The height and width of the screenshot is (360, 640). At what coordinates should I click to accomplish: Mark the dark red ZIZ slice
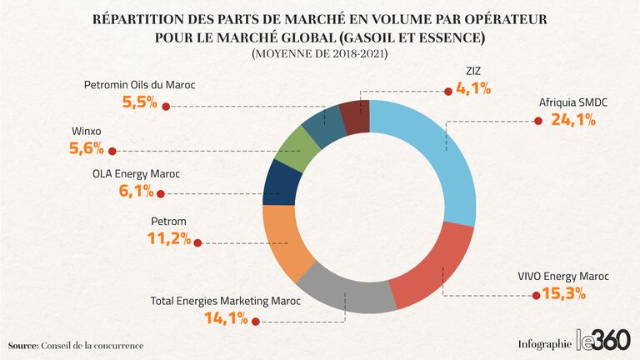[x=354, y=117]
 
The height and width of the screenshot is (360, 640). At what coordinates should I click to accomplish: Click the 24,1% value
[x=573, y=120]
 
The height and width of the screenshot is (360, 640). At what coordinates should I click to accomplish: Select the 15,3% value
[x=563, y=293]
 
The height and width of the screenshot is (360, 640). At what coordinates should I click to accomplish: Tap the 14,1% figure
[x=225, y=317]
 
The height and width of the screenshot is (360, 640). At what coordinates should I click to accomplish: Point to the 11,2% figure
[x=170, y=240]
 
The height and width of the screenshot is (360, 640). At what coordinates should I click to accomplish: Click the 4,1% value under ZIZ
[x=473, y=87]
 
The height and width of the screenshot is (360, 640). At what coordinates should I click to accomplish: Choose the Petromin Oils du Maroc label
[x=138, y=85]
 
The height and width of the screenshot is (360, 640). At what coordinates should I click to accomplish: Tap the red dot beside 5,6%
[x=113, y=151]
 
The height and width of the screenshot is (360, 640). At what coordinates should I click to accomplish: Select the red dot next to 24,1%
[x=535, y=121]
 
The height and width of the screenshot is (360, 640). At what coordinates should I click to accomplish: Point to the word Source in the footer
[x=22, y=345]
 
